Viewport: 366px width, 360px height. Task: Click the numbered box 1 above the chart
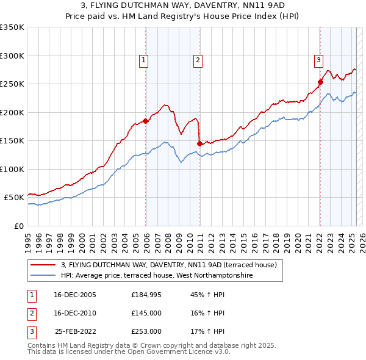click(x=143, y=60)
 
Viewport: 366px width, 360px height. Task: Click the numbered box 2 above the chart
click(x=198, y=60)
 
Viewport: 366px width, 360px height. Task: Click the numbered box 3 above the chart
click(x=318, y=60)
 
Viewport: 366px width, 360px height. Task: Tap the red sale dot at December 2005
click(x=145, y=121)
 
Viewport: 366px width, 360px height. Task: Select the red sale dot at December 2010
click(x=199, y=143)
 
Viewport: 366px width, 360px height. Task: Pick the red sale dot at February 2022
click(x=320, y=82)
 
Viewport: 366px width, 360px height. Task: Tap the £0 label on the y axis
click(x=18, y=226)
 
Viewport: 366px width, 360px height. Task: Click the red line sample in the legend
click(x=44, y=265)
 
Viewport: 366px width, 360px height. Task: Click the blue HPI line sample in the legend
click(x=44, y=275)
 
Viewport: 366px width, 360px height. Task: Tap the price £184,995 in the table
click(x=146, y=295)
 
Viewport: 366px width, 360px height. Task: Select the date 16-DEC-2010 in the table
click(x=75, y=313)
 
